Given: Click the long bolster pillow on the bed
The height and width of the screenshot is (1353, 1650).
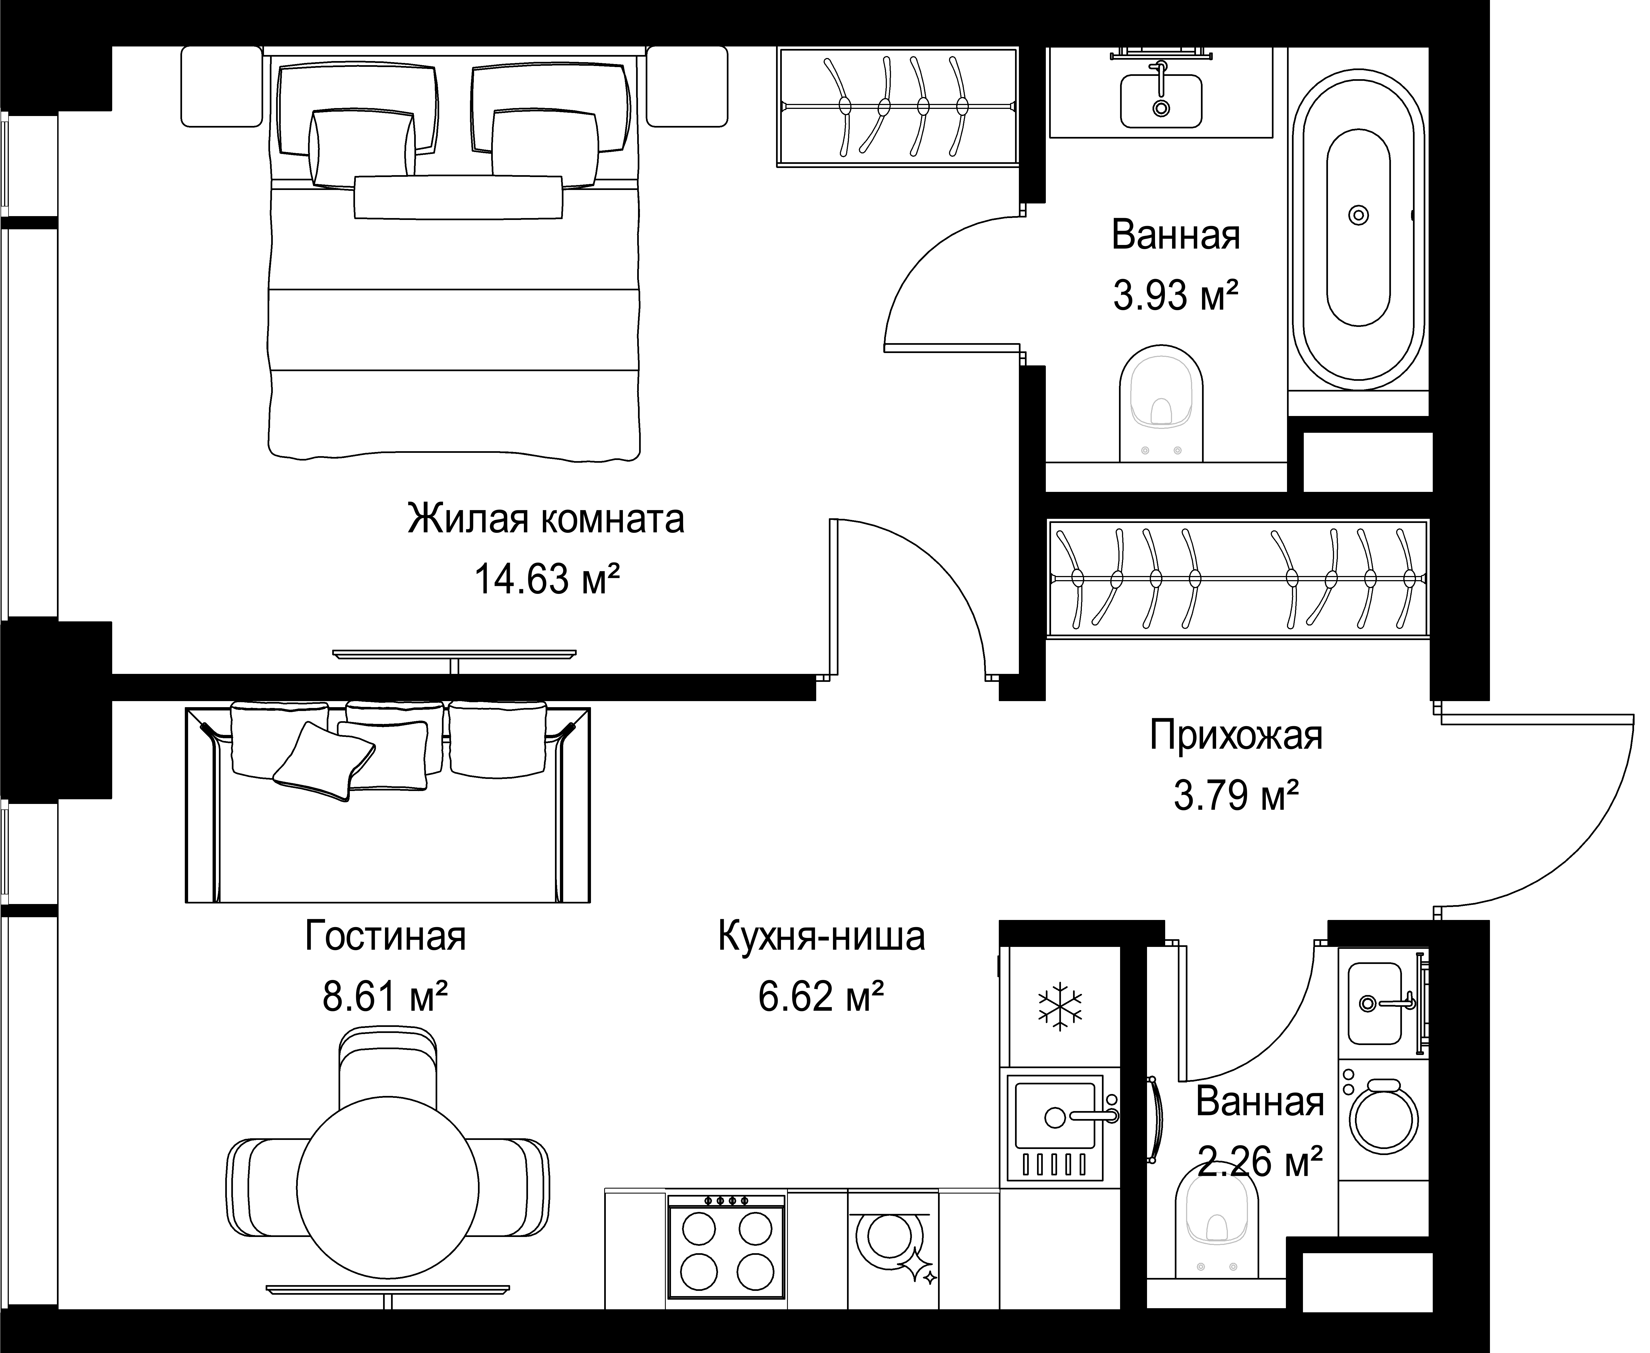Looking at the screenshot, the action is (x=458, y=197).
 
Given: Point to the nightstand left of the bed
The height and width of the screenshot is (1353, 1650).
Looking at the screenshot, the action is (x=221, y=86).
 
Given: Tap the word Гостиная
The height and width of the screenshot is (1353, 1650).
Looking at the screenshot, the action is (x=385, y=936).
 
